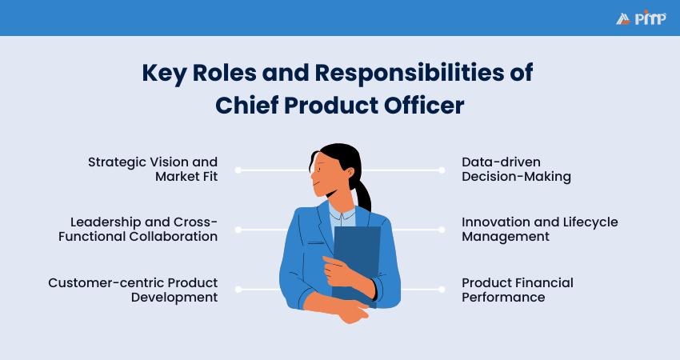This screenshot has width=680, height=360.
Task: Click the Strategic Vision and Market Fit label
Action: pos(153,169)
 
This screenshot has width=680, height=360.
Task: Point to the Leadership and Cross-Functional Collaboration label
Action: pos(144,229)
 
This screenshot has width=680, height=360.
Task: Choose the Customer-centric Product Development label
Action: pos(133,290)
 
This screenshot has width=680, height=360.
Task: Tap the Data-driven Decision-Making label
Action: pos(516,169)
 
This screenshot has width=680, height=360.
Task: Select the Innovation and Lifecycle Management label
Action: pos(539,229)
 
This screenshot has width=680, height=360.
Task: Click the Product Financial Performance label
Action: pos(517,290)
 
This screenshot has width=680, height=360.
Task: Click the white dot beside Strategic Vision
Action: pos(238,170)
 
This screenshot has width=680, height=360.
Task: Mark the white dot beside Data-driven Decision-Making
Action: pos(442,170)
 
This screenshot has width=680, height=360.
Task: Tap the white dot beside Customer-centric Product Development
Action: pos(238,290)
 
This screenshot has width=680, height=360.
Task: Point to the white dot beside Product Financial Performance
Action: pos(442,290)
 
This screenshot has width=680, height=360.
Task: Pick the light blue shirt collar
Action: pos(342,214)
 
